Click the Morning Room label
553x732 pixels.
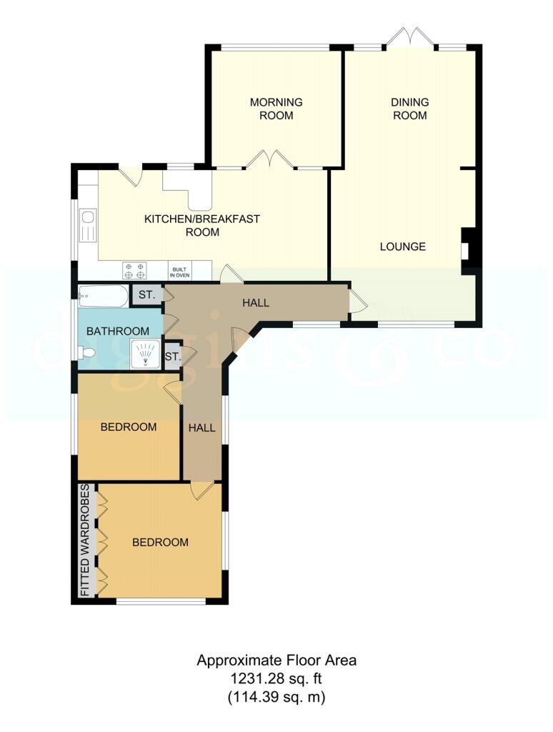click(x=276, y=109)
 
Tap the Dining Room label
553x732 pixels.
click(x=409, y=109)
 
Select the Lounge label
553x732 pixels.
click(x=403, y=247)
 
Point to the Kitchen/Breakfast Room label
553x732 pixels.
click(x=202, y=225)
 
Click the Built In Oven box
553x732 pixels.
click(x=179, y=272)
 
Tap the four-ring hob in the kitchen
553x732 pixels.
click(x=134, y=271)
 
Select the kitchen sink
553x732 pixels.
click(x=88, y=226)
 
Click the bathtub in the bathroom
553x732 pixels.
click(x=103, y=297)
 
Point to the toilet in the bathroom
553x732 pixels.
click(x=86, y=352)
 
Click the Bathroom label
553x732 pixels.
click(x=118, y=331)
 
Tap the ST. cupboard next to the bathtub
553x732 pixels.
click(x=146, y=295)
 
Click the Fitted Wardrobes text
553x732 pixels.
click(x=85, y=540)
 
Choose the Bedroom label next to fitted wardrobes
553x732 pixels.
click(x=160, y=543)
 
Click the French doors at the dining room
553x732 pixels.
click(x=409, y=37)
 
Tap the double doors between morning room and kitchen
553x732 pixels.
click(x=270, y=159)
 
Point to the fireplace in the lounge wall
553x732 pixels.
click(x=467, y=251)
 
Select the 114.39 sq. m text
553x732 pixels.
click(x=276, y=698)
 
